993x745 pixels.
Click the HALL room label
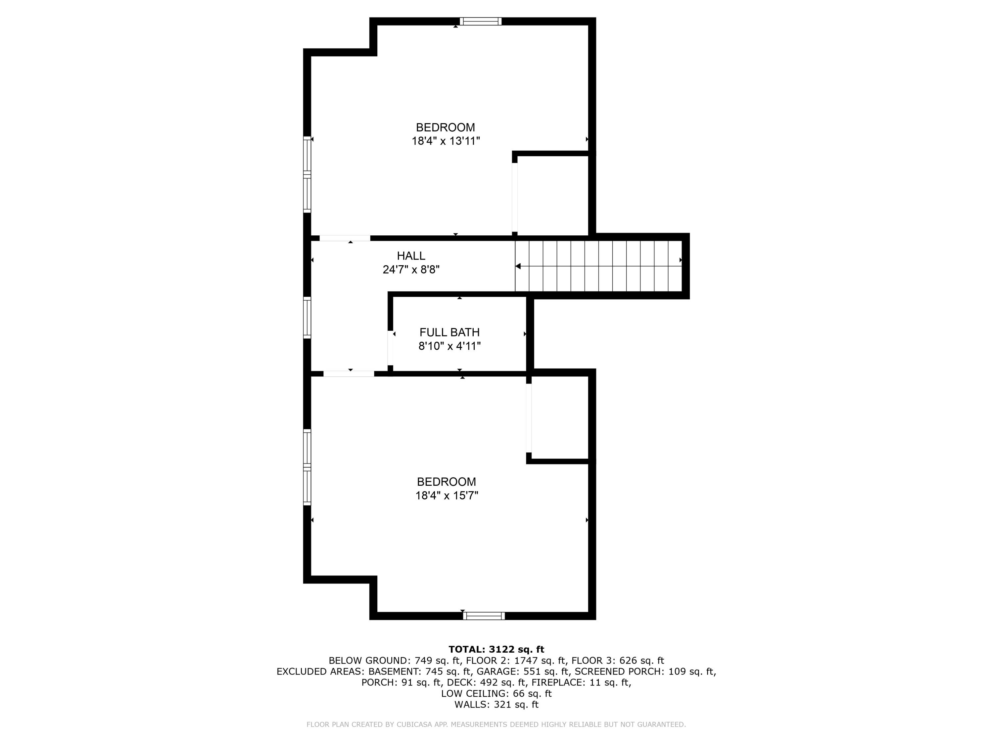pyautogui.click(x=411, y=256)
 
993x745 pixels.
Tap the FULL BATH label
pyautogui.click(x=449, y=332)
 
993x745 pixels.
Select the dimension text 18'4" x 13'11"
pyautogui.click(x=446, y=141)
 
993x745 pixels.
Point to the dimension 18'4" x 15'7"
pyautogui.click(x=447, y=495)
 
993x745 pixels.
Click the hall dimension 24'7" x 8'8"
pyautogui.click(x=411, y=270)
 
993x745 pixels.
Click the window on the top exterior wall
pyautogui.click(x=480, y=21)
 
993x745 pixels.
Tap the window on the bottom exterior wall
pyautogui.click(x=484, y=616)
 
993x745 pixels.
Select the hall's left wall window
pyautogui.click(x=307, y=318)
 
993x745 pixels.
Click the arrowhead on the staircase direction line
pyautogui.click(x=518, y=266)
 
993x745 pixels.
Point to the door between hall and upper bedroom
pyautogui.click(x=345, y=238)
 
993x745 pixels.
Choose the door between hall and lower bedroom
pyautogui.click(x=349, y=373)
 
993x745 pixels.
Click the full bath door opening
pyautogui.click(x=391, y=348)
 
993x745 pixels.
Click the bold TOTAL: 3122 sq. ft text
pyautogui.click(x=496, y=649)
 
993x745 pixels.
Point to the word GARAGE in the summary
pyautogui.click(x=494, y=671)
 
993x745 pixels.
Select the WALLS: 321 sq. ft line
pyautogui.click(x=496, y=705)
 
